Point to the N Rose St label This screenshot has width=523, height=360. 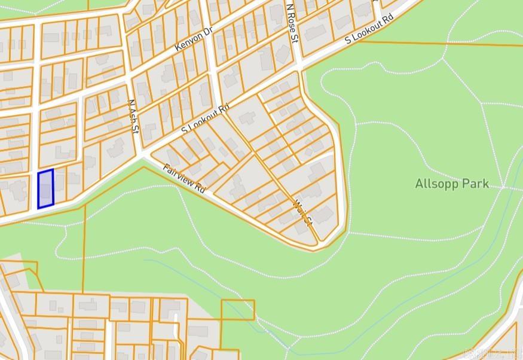pos(292,25)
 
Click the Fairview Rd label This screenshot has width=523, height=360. pos(184,178)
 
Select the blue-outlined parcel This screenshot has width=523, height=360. pos(46,189)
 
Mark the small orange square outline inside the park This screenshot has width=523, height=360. pos(237,310)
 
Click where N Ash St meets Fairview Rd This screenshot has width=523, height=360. pos(142,155)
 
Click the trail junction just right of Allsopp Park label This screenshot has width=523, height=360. pos(503,187)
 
